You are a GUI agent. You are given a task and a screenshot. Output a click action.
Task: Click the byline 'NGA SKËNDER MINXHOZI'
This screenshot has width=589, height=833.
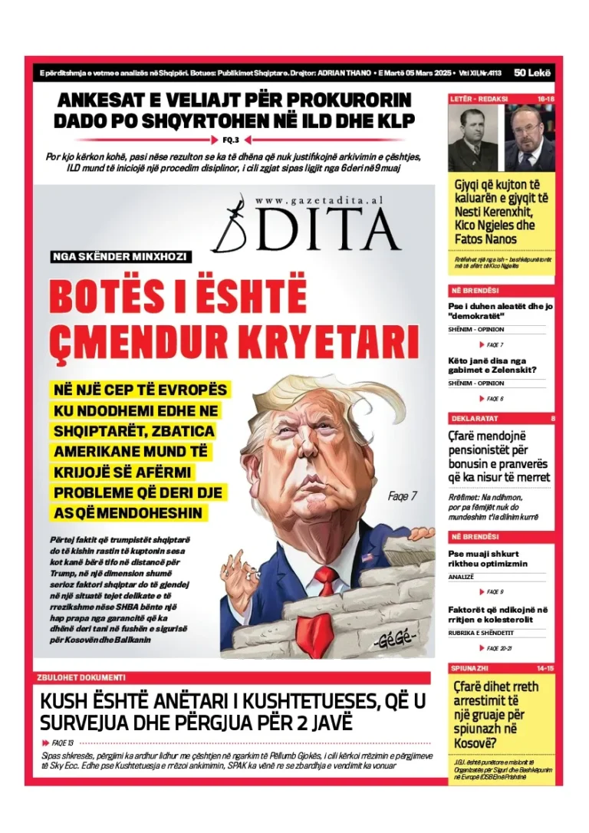coord(120,257)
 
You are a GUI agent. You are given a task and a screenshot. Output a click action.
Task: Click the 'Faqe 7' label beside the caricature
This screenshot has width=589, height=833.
coord(402,496)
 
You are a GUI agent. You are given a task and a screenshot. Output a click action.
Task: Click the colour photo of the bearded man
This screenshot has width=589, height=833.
coord(530,139)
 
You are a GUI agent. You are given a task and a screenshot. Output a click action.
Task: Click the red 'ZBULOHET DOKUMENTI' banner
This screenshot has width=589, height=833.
coord(81,678)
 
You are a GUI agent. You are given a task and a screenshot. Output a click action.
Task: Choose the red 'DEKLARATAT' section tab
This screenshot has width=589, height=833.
coord(473,419)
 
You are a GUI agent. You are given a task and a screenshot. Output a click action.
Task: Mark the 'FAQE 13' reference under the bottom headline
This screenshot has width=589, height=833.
coord(63,742)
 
